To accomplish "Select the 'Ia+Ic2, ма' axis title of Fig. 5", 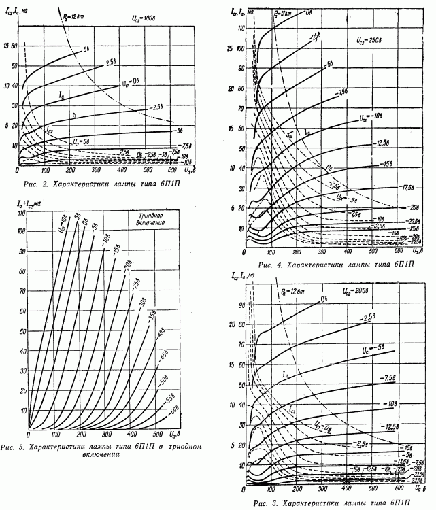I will pos(29,203).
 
